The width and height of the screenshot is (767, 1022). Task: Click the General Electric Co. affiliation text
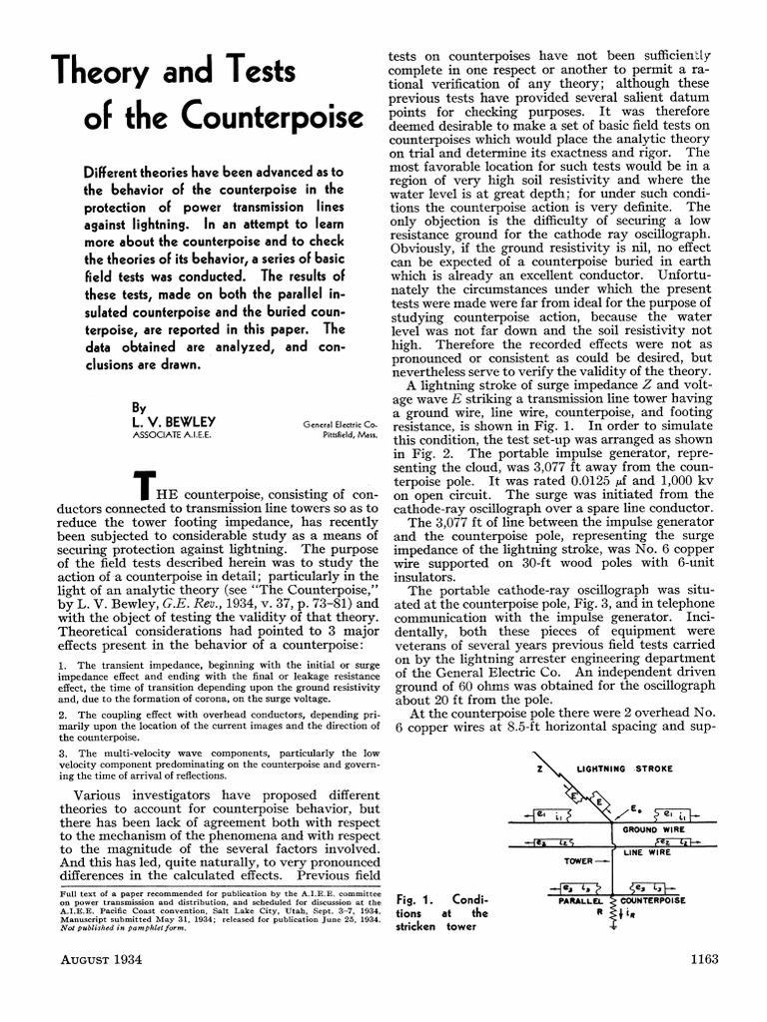coord(338,425)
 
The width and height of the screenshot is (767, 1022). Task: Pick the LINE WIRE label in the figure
coord(647,854)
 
